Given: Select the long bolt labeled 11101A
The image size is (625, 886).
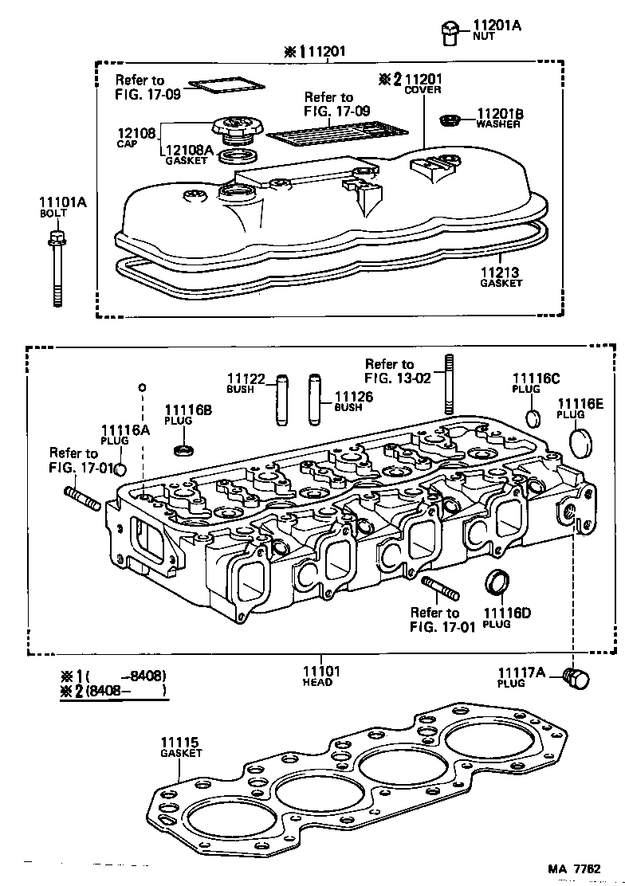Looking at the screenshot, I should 57,267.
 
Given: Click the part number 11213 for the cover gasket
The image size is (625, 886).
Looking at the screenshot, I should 499,272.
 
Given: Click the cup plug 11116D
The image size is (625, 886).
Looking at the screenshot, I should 497,582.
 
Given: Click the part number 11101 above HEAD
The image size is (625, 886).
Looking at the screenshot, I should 321,671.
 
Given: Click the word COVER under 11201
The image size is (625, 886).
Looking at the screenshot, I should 423,90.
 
